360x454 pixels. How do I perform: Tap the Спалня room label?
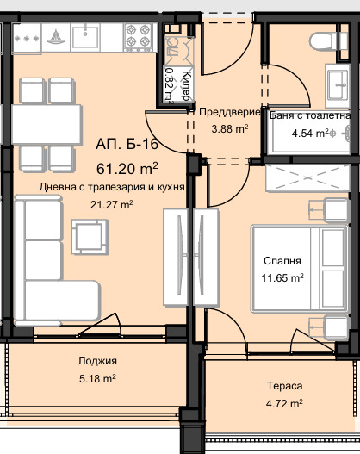click(x=283, y=261)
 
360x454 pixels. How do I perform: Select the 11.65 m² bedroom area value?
click(x=283, y=277)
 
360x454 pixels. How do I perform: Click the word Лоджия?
click(x=96, y=361)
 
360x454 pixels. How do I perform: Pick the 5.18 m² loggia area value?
click(x=96, y=377)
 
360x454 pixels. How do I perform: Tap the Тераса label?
click(x=283, y=387)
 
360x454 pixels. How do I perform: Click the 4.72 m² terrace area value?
click(x=283, y=402)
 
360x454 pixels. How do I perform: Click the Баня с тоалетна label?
click(x=310, y=114)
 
